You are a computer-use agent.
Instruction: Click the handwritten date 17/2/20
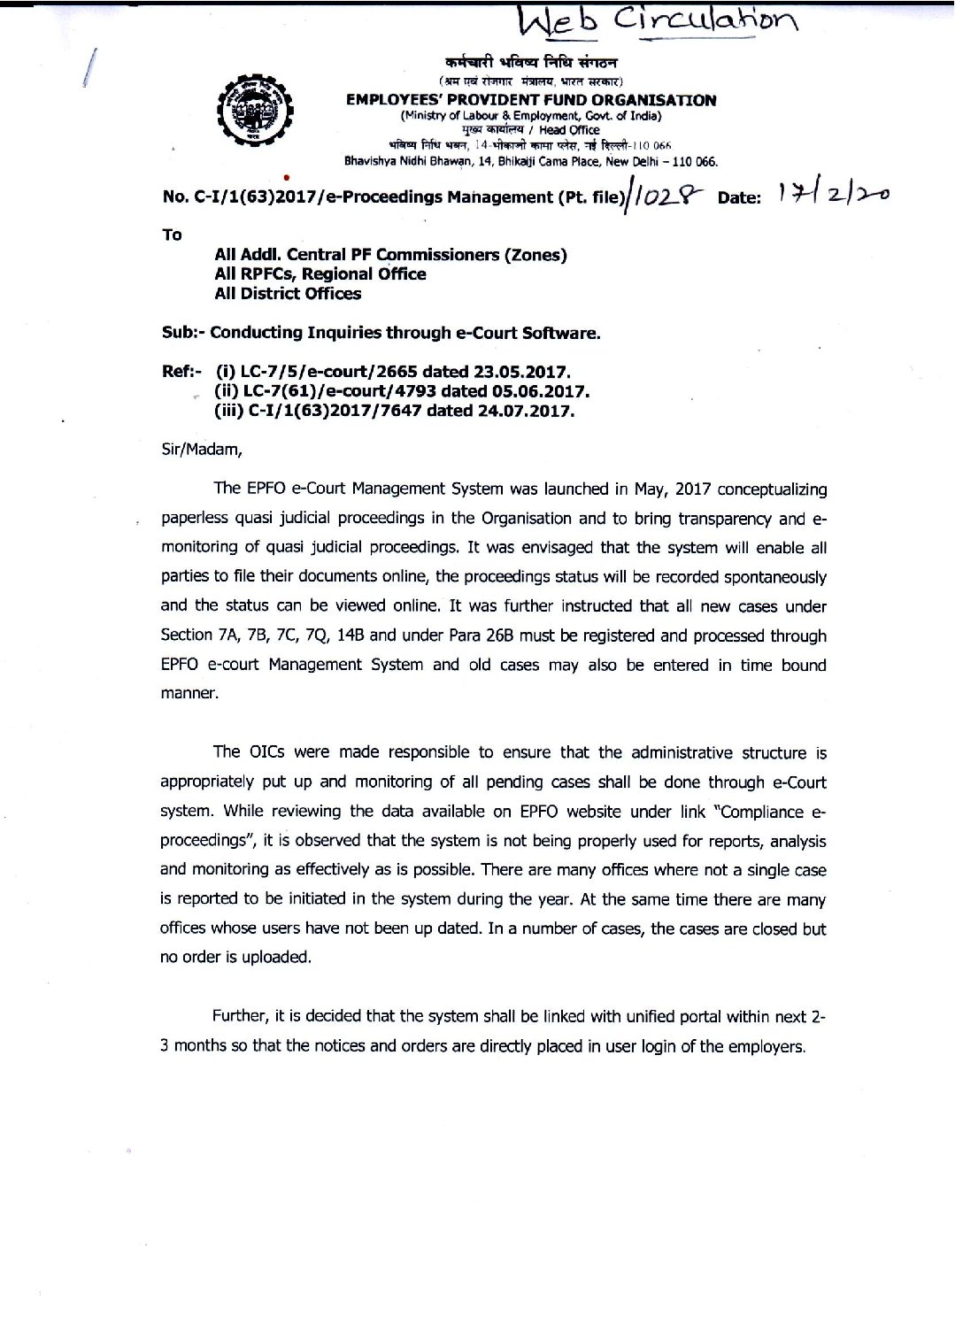coord(832,192)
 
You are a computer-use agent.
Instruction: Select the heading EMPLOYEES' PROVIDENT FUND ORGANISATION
coord(531,100)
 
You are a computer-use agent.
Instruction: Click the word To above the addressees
coord(172,235)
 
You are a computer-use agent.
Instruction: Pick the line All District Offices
coord(288,294)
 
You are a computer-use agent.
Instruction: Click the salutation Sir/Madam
coord(202,450)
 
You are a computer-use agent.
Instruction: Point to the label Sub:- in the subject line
coord(183,333)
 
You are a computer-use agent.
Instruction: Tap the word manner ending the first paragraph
coord(189,693)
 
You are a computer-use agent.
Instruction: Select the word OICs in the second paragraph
coord(266,751)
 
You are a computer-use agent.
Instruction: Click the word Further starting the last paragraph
coord(239,1016)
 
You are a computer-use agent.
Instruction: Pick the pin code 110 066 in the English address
coord(694,162)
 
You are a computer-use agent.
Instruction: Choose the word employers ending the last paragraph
coord(767,1046)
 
